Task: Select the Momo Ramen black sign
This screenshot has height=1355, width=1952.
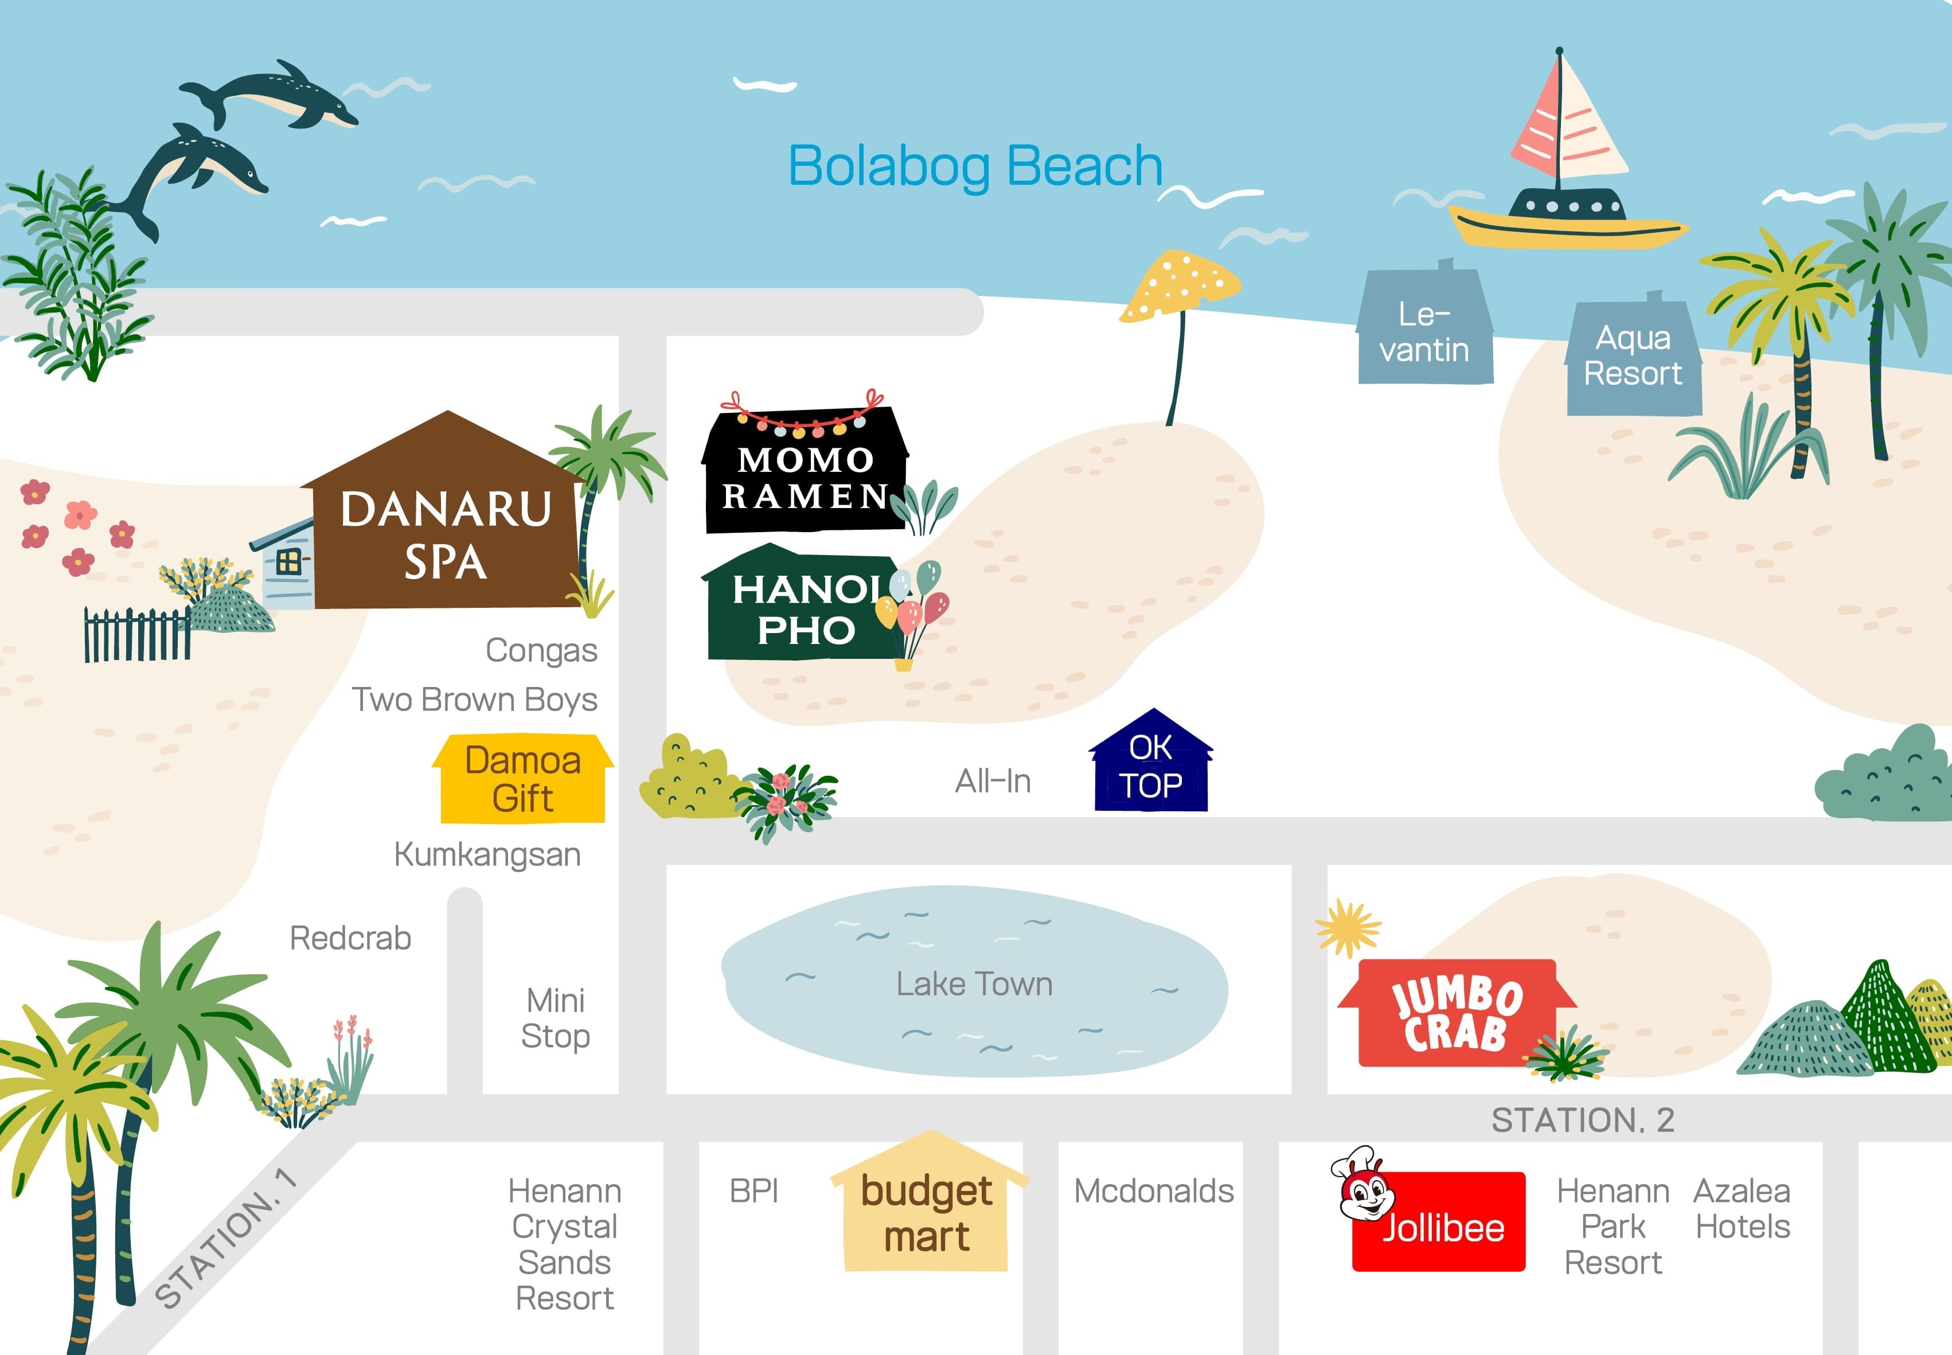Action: tap(804, 475)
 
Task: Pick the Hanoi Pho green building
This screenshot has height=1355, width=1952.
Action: tap(802, 608)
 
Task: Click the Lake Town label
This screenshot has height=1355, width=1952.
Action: tap(974, 984)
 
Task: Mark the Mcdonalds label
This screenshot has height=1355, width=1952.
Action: tap(1153, 1191)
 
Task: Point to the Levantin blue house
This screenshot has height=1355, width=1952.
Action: tap(1425, 331)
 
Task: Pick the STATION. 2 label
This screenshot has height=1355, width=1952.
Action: tap(1583, 1120)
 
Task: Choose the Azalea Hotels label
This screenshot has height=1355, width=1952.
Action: tap(1742, 1209)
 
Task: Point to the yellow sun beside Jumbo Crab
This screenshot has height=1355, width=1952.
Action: tap(1348, 927)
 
